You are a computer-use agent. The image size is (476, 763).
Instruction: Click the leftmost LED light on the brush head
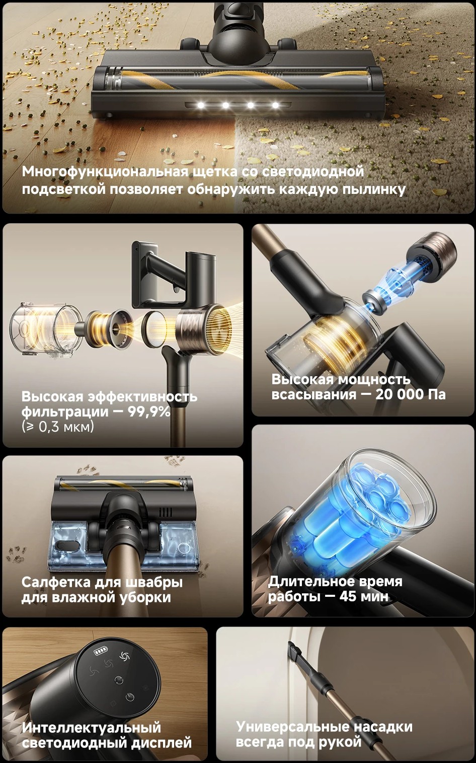[x=201, y=105]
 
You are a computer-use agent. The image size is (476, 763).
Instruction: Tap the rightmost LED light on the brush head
[x=275, y=105]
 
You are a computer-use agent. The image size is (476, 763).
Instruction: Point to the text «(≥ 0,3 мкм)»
[x=57, y=427]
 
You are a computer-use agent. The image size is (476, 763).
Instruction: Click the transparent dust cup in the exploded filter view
[x=44, y=330]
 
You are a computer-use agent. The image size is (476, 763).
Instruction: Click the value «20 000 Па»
[x=410, y=394]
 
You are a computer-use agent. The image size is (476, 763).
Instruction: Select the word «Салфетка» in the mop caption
[x=55, y=582]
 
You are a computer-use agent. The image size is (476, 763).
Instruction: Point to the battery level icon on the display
[x=100, y=652]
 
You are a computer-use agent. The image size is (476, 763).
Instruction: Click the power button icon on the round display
[x=130, y=697]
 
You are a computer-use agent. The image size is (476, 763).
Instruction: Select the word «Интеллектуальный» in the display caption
[x=91, y=728]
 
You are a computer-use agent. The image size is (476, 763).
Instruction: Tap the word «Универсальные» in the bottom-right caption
[x=293, y=727]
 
